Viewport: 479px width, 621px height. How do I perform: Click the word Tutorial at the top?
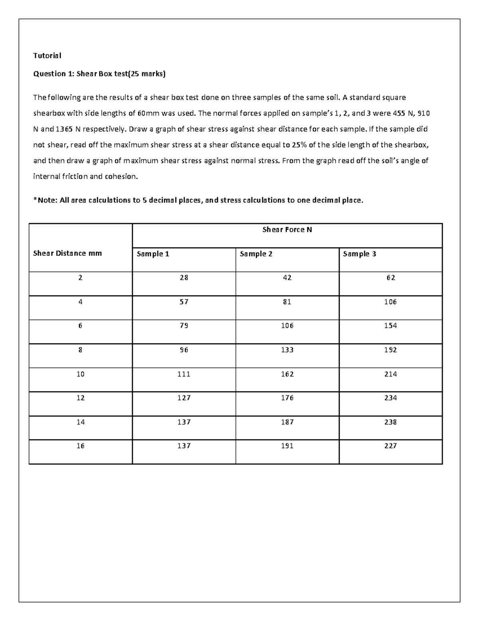[47, 56]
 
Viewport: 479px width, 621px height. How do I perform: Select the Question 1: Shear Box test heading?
[99, 74]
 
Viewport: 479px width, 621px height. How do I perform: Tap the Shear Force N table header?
[287, 230]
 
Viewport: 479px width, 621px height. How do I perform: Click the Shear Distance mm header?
[67, 253]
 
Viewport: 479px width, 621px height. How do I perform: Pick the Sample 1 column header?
[153, 254]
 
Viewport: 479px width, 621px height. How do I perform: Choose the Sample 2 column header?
[256, 254]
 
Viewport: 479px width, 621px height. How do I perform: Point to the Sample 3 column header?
[359, 254]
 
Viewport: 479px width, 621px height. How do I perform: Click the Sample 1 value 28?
[184, 278]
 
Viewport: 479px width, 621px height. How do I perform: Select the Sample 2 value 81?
[287, 302]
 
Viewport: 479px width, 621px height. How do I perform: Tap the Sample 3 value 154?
[390, 325]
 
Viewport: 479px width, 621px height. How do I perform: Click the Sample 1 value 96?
[184, 350]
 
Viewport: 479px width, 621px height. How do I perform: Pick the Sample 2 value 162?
[287, 374]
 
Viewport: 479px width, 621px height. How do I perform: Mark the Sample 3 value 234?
[390, 398]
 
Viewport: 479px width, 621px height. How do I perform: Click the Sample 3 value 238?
[390, 422]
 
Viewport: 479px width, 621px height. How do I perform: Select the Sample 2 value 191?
[287, 446]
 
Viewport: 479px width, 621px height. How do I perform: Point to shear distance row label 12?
[80, 398]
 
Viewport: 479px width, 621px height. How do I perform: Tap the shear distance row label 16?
[80, 446]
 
